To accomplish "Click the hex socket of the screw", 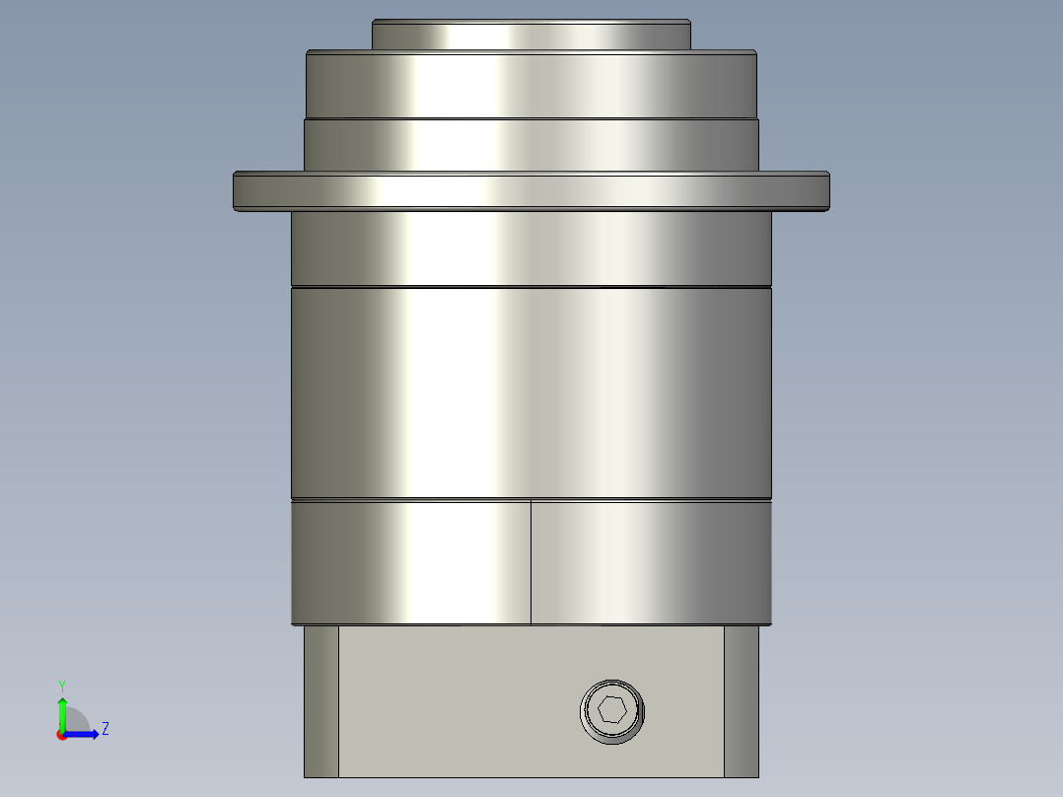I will point(612,710).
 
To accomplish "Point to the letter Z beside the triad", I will point(105,729).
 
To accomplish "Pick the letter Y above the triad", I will point(61,685).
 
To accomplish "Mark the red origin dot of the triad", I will point(61,735).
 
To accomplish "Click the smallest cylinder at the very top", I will point(531,35).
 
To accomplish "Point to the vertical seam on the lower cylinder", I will point(531,562).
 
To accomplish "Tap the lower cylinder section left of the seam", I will point(409,562).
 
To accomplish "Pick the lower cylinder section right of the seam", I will point(651,562).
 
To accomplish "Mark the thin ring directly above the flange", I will point(531,144).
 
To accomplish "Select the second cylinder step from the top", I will point(531,85).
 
